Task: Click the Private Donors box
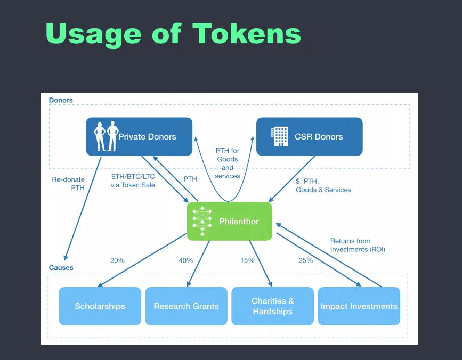[139, 136]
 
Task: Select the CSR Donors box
[310, 136]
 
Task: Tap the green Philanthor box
[230, 222]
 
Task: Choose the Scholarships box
[100, 306]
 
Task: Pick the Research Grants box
[186, 306]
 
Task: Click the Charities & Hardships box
[272, 306]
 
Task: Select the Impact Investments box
[359, 306]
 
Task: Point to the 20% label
[117, 260]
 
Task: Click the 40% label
[186, 260]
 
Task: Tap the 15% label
[247, 260]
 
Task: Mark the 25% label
[305, 260]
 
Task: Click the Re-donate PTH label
[68, 184]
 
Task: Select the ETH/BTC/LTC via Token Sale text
[133, 181]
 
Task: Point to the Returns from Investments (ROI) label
[358, 245]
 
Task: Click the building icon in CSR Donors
[280, 136]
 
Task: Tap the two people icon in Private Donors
[106, 136]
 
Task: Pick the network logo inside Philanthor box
[202, 221]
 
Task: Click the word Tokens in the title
[247, 33]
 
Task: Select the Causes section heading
[61, 267]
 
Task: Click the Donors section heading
[61, 100]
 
